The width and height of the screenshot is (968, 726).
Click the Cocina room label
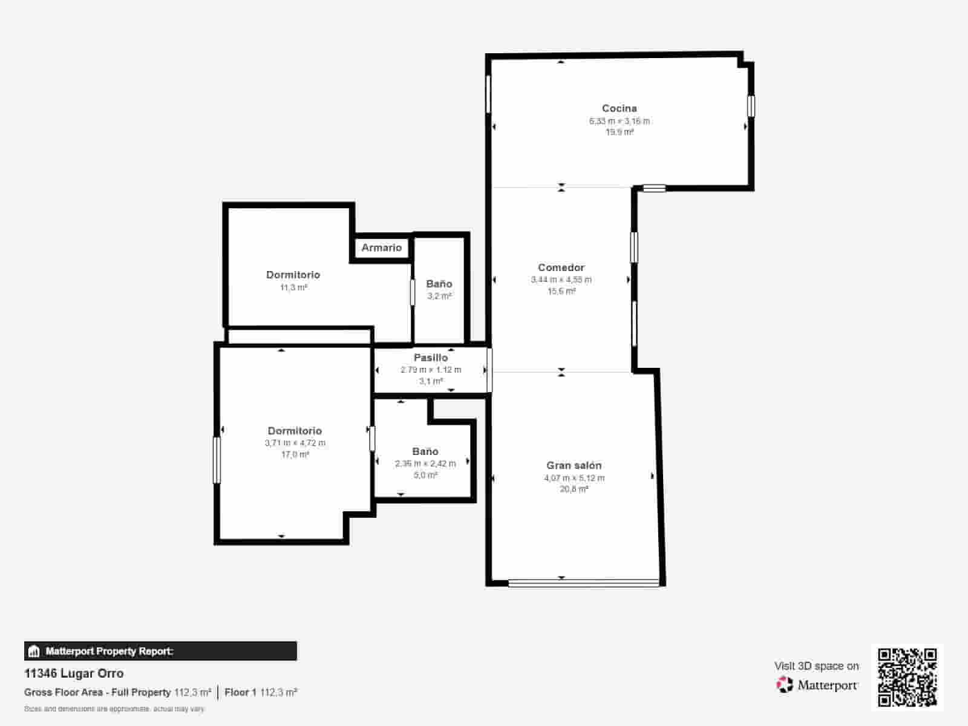(619, 108)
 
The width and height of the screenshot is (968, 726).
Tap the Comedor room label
(561, 267)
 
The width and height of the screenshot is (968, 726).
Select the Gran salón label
(574, 465)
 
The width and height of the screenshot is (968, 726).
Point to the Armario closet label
(381, 247)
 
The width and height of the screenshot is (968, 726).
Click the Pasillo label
(431, 358)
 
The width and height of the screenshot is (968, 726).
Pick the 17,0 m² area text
(295, 454)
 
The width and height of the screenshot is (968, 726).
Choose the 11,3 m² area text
(293, 287)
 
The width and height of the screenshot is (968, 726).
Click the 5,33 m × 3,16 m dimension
(619, 121)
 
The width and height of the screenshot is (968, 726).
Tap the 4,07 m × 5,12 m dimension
(574, 478)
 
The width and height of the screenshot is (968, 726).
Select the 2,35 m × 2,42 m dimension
(425, 463)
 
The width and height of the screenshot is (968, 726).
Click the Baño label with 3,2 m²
(439, 284)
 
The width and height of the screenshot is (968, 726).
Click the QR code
(907, 677)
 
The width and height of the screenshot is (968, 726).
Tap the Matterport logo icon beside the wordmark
(785, 684)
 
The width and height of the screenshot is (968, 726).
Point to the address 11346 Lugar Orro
(74, 673)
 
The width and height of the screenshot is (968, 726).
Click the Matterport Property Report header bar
(160, 651)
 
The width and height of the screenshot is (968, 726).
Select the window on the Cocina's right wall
(751, 106)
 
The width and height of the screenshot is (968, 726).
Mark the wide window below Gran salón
(583, 583)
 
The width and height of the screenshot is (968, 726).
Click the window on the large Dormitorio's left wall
(217, 460)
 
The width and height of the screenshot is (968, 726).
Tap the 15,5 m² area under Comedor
(561, 291)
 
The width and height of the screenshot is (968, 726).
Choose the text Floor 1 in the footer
(240, 692)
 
